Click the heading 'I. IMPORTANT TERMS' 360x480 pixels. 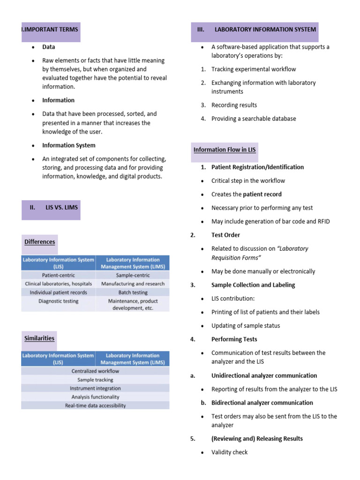(50, 29)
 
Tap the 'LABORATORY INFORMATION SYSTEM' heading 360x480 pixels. (265, 29)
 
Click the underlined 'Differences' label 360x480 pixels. (40, 242)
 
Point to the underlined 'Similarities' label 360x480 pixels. (39, 338)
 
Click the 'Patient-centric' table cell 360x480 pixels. (58, 275)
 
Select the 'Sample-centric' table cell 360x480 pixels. (133, 275)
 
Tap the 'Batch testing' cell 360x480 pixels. (133, 292)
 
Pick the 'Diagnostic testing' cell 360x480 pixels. (58, 301)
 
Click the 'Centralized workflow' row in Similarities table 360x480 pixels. (95, 371)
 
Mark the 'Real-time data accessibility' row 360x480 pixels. (95, 405)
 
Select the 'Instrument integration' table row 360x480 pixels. (95, 388)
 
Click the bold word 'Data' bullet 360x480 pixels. (49, 47)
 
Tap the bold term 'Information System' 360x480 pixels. (68, 145)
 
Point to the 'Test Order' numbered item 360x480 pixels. (225, 235)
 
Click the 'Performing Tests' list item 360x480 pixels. (234, 339)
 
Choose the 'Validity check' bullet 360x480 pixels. (229, 452)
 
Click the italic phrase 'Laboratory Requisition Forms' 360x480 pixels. (260, 253)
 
